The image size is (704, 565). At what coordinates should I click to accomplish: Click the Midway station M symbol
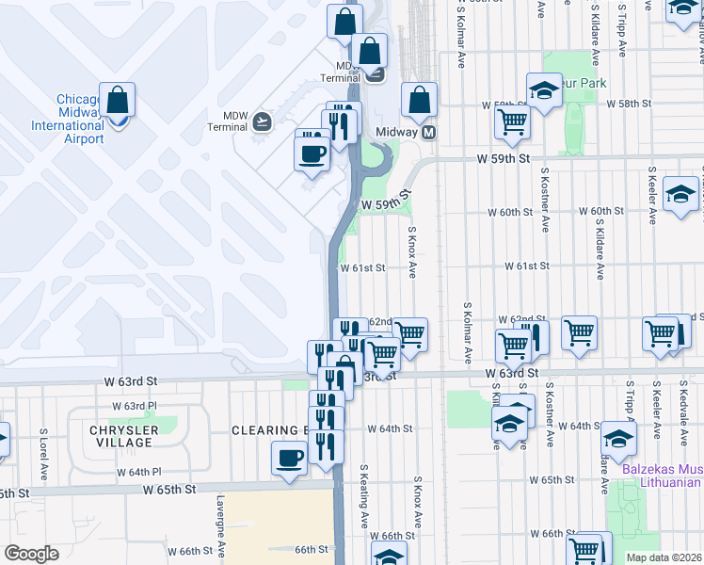(429, 133)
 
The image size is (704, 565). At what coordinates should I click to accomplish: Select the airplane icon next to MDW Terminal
(262, 121)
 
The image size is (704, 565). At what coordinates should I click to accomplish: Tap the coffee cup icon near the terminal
(312, 152)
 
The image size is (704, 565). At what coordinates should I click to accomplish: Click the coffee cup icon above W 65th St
(289, 460)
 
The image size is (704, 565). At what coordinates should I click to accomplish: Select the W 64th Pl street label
(139, 472)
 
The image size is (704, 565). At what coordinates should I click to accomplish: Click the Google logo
(30, 554)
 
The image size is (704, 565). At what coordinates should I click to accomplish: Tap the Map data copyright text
(664, 557)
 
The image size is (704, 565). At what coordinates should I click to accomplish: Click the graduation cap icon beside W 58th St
(544, 91)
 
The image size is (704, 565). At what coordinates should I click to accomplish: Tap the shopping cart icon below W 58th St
(512, 121)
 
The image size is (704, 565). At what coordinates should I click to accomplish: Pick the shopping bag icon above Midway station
(419, 100)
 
